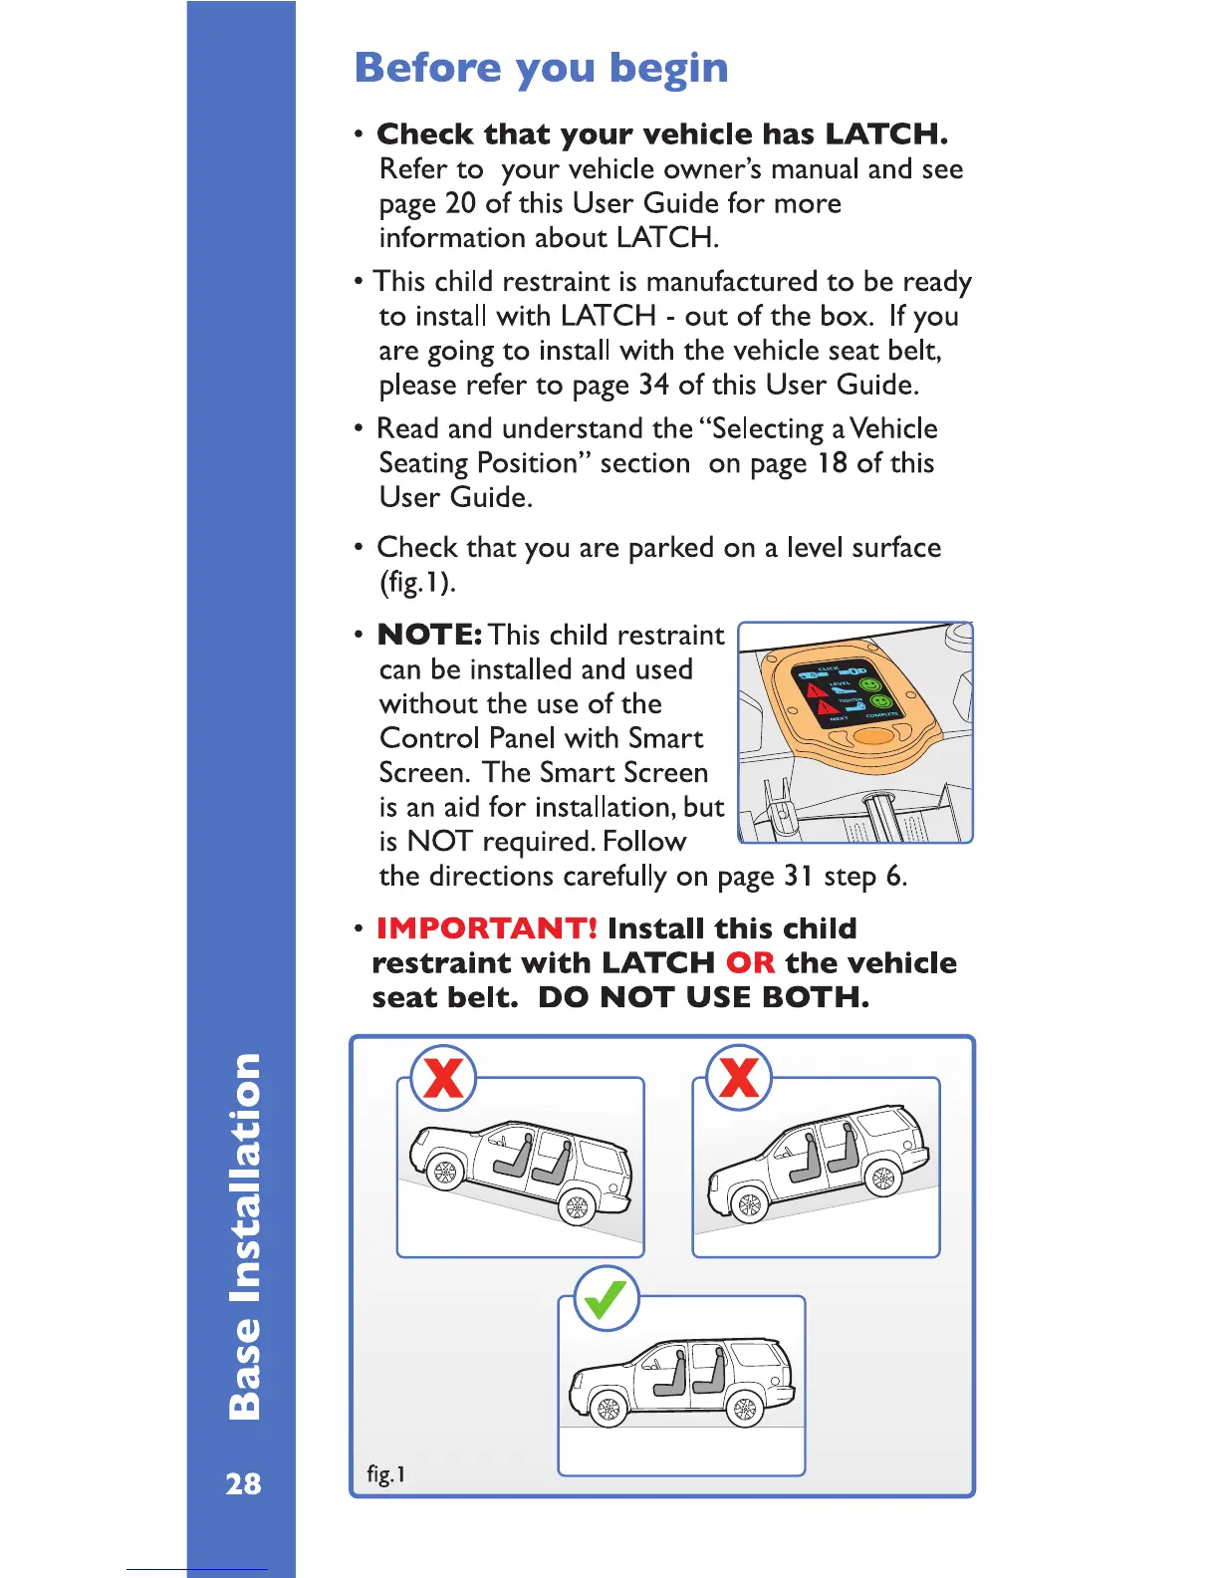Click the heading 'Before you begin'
(x=541, y=68)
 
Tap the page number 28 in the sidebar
(x=243, y=1483)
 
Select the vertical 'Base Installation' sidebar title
(x=244, y=1235)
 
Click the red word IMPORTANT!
(x=486, y=928)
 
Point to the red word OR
(x=750, y=963)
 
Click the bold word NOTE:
(x=430, y=636)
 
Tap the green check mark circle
(x=606, y=1299)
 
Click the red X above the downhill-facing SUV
(x=444, y=1078)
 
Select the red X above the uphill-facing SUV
(x=739, y=1078)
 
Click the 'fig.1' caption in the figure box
(x=385, y=1474)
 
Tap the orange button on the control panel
(x=872, y=738)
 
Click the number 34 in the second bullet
(x=653, y=385)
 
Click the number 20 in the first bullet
(x=460, y=203)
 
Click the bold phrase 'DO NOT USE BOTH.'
(x=703, y=997)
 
